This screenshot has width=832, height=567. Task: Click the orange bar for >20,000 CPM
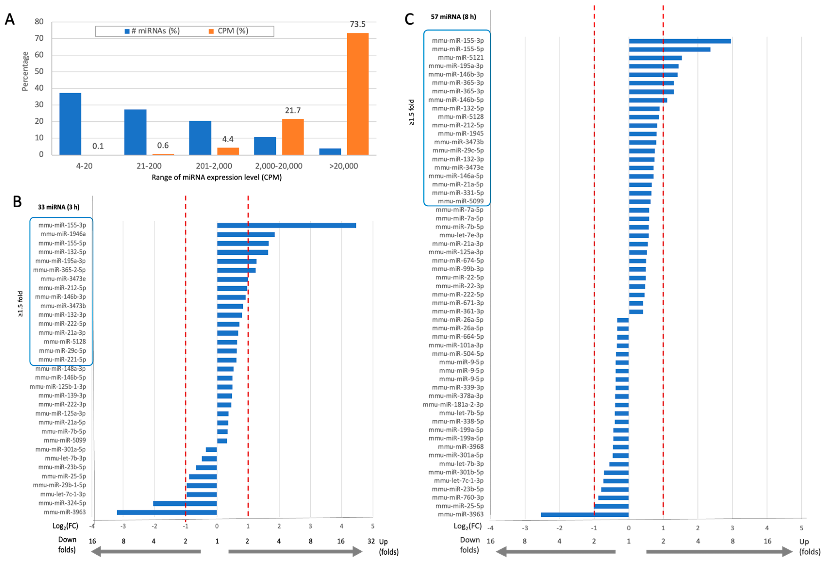coord(357,94)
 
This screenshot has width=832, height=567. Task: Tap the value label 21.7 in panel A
coord(293,111)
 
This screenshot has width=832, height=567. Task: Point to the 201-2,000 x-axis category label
coord(214,166)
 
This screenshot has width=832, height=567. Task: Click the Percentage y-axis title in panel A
coord(25,71)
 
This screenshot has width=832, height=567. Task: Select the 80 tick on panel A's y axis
coord(39,22)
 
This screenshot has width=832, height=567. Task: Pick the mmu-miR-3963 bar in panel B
coord(167,512)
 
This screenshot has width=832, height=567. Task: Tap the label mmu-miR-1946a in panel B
coord(63,234)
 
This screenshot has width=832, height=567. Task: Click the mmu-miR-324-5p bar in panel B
coord(185,503)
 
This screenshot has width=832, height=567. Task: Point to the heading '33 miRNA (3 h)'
coord(59,207)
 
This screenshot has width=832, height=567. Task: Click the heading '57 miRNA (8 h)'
coord(453,17)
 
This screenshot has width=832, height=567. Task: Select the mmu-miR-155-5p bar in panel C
coord(669,49)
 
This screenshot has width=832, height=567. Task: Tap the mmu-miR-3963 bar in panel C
coord(585,514)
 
